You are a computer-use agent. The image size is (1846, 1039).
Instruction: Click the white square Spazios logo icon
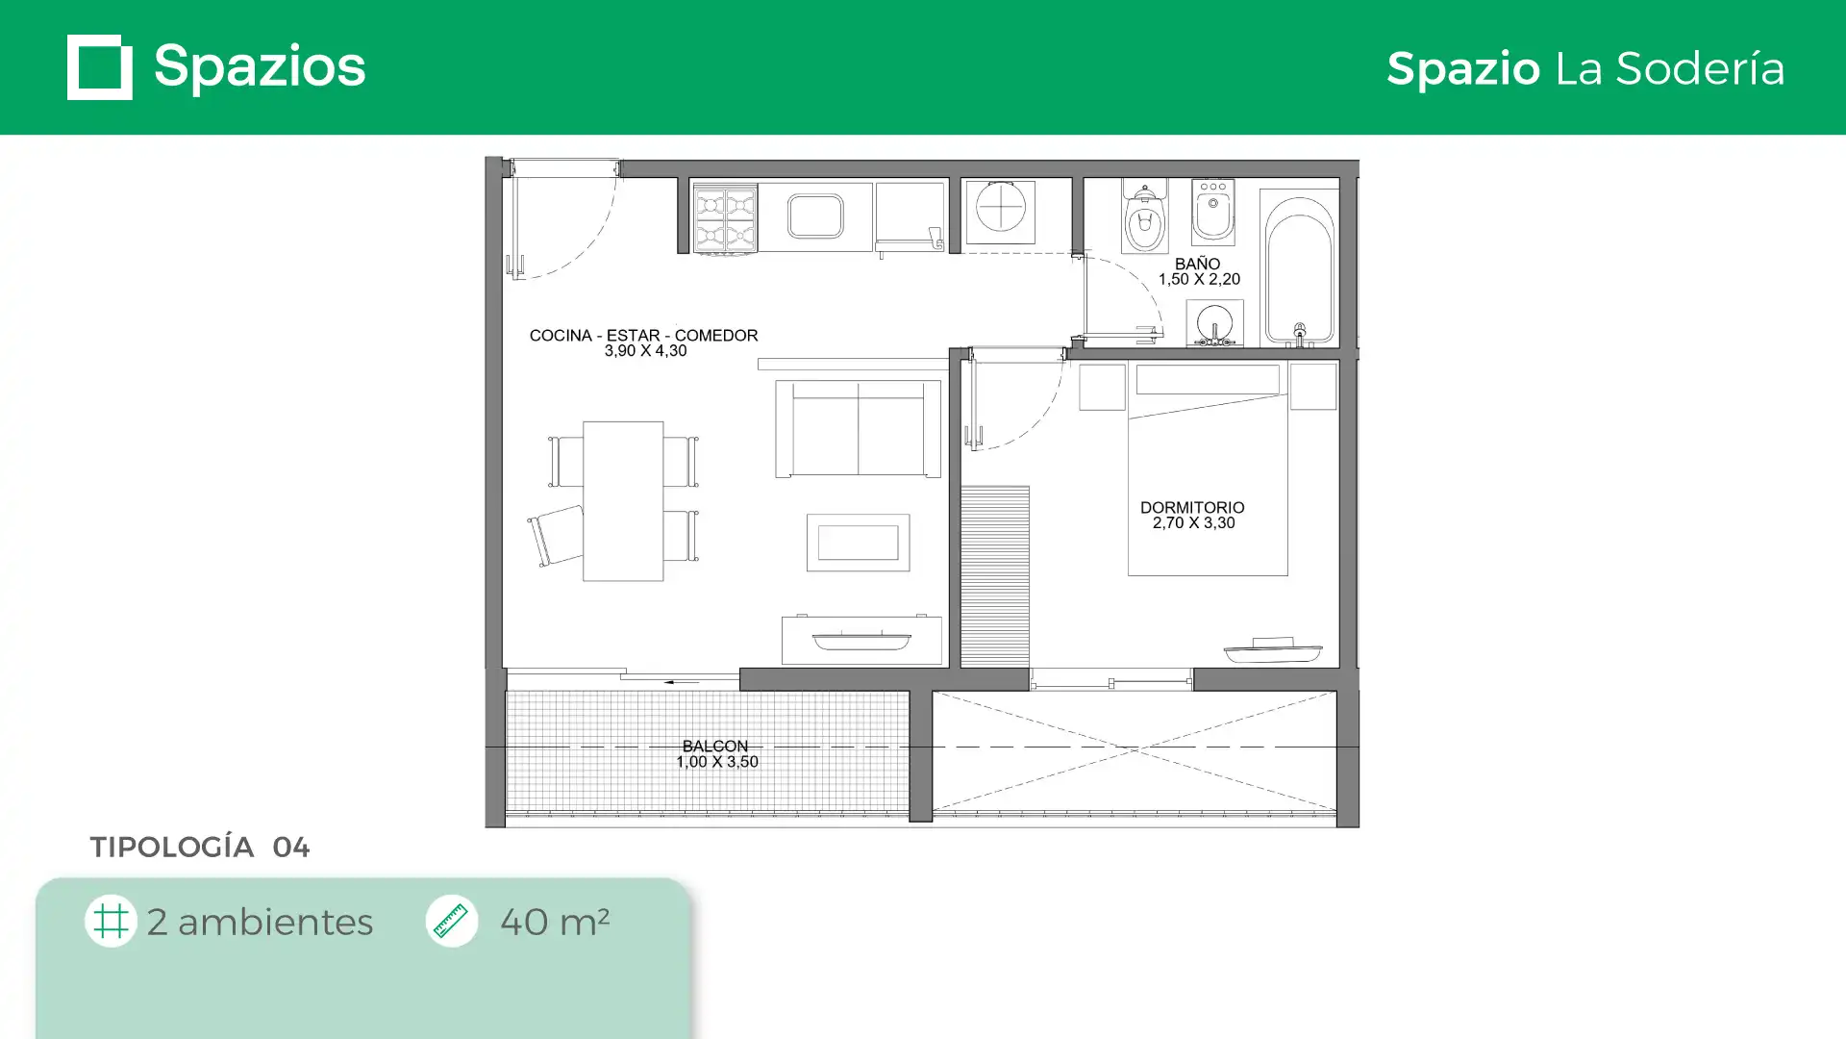100,67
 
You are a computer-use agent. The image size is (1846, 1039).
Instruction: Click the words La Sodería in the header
1670,68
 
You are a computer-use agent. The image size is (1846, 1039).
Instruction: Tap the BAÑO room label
1197,264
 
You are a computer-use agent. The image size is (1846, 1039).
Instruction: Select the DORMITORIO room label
1192,507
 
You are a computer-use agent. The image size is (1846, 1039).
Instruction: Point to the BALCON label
714,746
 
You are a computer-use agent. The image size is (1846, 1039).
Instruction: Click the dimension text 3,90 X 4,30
645,351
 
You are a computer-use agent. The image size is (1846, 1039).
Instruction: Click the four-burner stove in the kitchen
725,218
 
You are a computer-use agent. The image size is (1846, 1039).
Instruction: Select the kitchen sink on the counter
815,215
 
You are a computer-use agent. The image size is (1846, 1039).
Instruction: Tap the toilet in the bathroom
1144,215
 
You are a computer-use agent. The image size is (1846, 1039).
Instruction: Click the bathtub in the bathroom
1299,268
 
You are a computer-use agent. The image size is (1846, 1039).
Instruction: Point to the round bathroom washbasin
1214,323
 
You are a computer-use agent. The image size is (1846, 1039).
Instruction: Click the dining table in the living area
623,501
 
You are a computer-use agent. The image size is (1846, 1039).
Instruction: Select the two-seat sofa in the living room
859,428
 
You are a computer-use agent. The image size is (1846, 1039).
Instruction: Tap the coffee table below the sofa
858,543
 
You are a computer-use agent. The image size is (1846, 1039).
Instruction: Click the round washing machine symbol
1000,212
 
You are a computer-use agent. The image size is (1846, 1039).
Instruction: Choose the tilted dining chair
555,536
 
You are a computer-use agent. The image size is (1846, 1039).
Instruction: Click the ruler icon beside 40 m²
451,921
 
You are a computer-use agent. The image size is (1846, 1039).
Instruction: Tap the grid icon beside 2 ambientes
111,921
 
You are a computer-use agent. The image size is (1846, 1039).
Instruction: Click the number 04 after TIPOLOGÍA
290,847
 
